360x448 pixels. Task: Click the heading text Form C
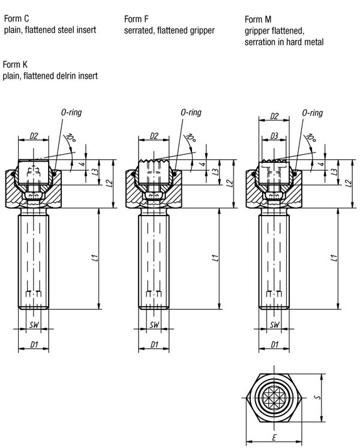(x=16, y=19)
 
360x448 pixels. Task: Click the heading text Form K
(x=15, y=65)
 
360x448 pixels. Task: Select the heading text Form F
(x=136, y=19)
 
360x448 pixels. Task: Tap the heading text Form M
(x=258, y=19)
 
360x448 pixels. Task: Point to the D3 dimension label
(x=274, y=136)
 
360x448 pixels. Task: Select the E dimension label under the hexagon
(x=274, y=437)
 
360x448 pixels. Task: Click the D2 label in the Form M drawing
(x=274, y=116)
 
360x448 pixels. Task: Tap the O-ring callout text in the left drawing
(x=71, y=112)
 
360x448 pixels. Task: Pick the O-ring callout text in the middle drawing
(x=191, y=112)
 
